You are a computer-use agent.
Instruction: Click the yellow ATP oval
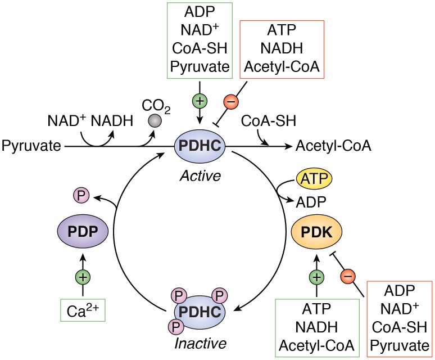click(x=314, y=181)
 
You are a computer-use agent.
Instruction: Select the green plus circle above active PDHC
click(x=201, y=102)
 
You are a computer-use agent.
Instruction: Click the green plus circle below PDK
click(x=317, y=276)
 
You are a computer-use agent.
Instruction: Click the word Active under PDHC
click(x=201, y=175)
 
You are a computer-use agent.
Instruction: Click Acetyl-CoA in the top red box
click(x=283, y=67)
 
